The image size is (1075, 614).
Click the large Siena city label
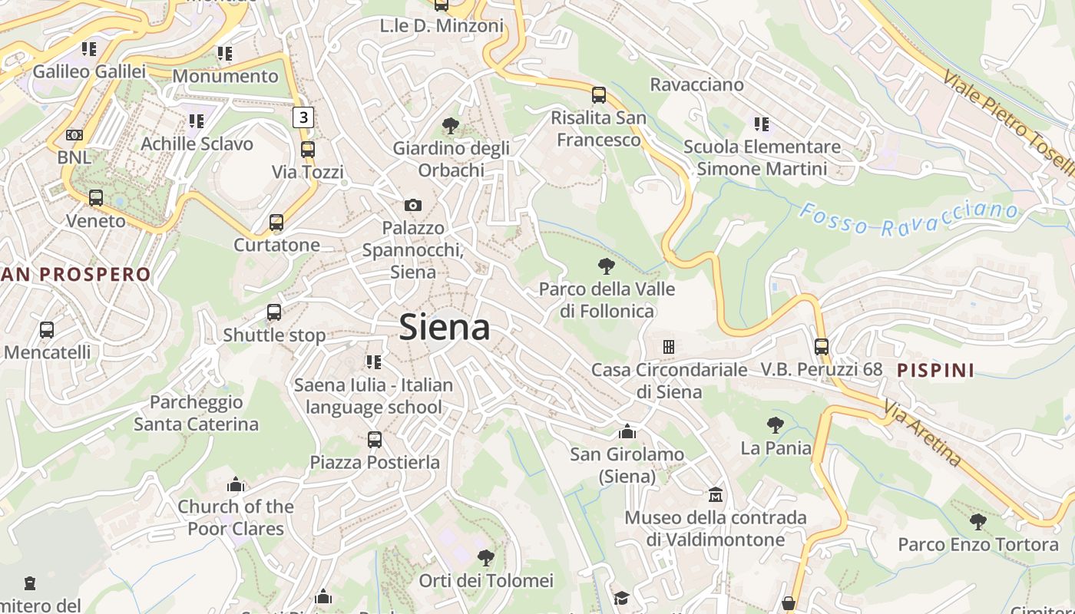click(x=445, y=328)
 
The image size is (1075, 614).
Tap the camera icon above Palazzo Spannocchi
click(x=413, y=205)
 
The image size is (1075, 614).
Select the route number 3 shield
click(x=304, y=117)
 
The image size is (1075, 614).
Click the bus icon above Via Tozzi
click(x=308, y=149)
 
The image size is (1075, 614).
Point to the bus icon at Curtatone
click(x=276, y=223)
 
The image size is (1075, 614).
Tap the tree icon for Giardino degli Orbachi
click(x=451, y=125)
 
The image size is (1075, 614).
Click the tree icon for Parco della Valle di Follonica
click(x=607, y=266)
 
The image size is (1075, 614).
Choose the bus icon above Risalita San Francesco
click(x=599, y=95)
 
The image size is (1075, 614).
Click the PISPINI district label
click(x=936, y=371)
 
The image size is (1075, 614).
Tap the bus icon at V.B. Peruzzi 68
click(x=822, y=346)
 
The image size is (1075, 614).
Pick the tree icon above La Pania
click(x=776, y=424)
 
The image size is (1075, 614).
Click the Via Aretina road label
click(x=921, y=433)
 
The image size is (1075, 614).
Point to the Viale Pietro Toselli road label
click(x=1008, y=123)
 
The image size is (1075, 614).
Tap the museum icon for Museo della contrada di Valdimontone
click(x=716, y=494)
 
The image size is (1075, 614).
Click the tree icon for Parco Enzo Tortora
click(x=977, y=522)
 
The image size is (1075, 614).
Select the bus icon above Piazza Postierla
click(x=375, y=439)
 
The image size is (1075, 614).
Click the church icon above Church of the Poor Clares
click(x=236, y=484)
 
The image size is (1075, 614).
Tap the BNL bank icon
click(x=74, y=134)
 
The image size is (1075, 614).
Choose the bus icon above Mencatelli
click(x=47, y=329)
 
